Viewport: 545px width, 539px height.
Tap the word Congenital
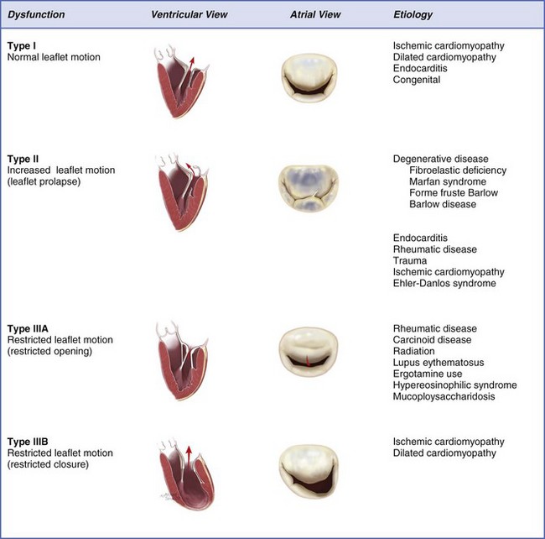417,81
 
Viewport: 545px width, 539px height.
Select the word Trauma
410,260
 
